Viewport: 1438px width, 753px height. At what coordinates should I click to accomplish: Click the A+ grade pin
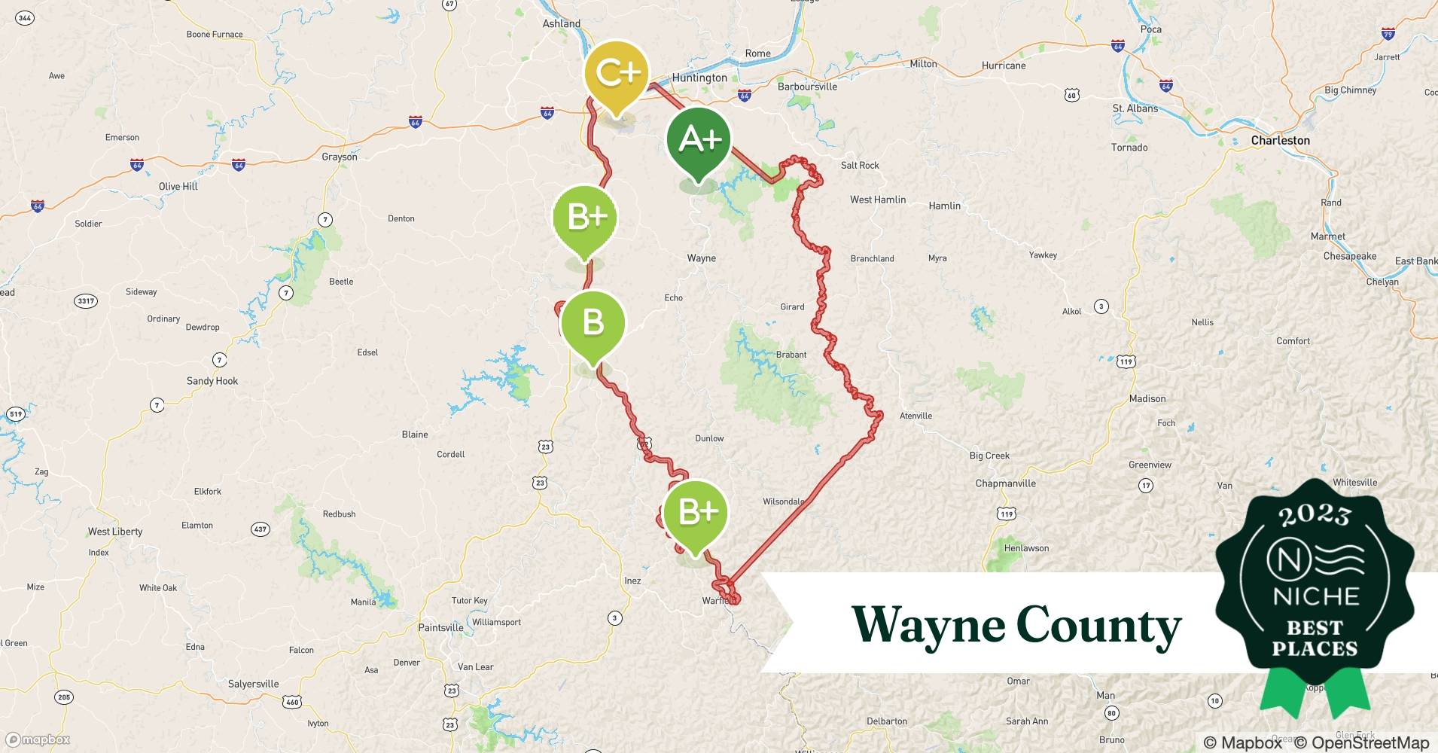tap(699, 139)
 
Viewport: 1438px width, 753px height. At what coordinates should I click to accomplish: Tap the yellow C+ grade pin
tap(617, 73)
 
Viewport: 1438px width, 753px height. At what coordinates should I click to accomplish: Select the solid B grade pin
tap(593, 323)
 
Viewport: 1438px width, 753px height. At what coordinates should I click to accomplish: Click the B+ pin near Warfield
tap(697, 512)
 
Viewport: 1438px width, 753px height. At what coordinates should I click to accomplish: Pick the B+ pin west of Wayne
tap(585, 217)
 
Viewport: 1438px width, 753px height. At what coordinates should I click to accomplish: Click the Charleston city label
tap(1280, 141)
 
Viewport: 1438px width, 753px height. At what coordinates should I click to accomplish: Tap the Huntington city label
tap(699, 78)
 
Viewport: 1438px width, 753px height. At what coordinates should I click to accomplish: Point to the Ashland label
tap(562, 23)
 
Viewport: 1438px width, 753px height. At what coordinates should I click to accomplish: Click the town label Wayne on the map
tap(701, 258)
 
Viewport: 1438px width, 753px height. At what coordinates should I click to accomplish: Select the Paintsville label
tap(440, 627)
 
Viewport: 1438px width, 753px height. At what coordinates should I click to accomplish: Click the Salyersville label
tap(253, 684)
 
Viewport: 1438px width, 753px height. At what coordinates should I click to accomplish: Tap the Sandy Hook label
tap(212, 381)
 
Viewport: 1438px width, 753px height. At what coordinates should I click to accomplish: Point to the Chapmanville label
tap(1005, 483)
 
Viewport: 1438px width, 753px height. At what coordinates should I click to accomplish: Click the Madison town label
tap(1147, 398)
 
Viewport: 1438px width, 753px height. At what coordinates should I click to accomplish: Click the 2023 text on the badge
tap(1315, 515)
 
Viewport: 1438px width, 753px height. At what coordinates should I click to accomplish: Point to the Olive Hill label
tap(178, 187)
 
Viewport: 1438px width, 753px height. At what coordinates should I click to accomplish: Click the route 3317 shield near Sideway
tap(86, 301)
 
